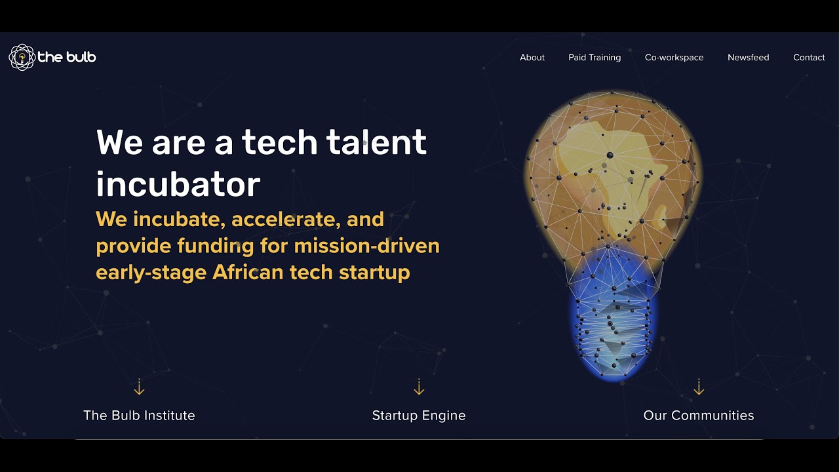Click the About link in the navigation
[532, 58]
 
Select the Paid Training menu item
[594, 58]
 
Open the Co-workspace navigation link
[674, 58]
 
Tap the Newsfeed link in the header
[748, 58]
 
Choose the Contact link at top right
[808, 58]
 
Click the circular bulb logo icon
[21, 57]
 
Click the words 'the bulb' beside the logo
[67, 57]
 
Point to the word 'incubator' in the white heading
[178, 184]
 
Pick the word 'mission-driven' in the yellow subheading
[366, 246]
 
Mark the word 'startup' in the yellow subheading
[374, 272]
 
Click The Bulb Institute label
[139, 415]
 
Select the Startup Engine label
[419, 415]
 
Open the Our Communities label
[699, 415]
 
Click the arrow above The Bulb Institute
[139, 387]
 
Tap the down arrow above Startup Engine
[419, 387]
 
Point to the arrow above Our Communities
[699, 387]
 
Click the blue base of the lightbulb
[614, 321]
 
